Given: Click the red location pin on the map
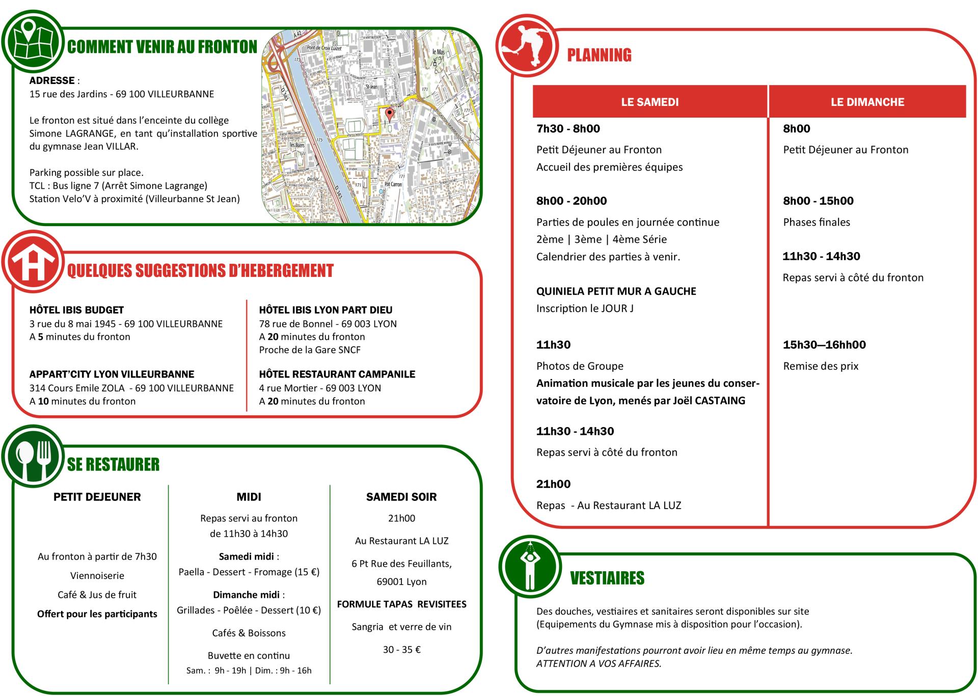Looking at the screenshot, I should (390, 114).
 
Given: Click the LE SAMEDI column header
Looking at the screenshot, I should (649, 102).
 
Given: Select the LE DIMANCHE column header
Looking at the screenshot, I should (867, 102).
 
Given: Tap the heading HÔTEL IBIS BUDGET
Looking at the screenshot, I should (76, 310).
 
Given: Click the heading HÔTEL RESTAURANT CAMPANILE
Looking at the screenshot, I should (337, 374).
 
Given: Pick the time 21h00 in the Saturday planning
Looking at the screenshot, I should (553, 484).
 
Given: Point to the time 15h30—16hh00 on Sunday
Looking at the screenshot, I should (824, 345).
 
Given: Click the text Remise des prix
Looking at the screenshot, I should (821, 366).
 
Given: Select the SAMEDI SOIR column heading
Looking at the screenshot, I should (401, 497).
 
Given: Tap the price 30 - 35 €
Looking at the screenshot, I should (401, 650).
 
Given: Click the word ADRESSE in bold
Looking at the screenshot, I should (52, 80).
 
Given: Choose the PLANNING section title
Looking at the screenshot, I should (599, 55).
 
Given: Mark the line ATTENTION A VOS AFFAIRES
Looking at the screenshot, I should (599, 663).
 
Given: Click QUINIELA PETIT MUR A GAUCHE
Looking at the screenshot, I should (616, 291).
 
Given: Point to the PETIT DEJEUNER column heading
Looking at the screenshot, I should (97, 497).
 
